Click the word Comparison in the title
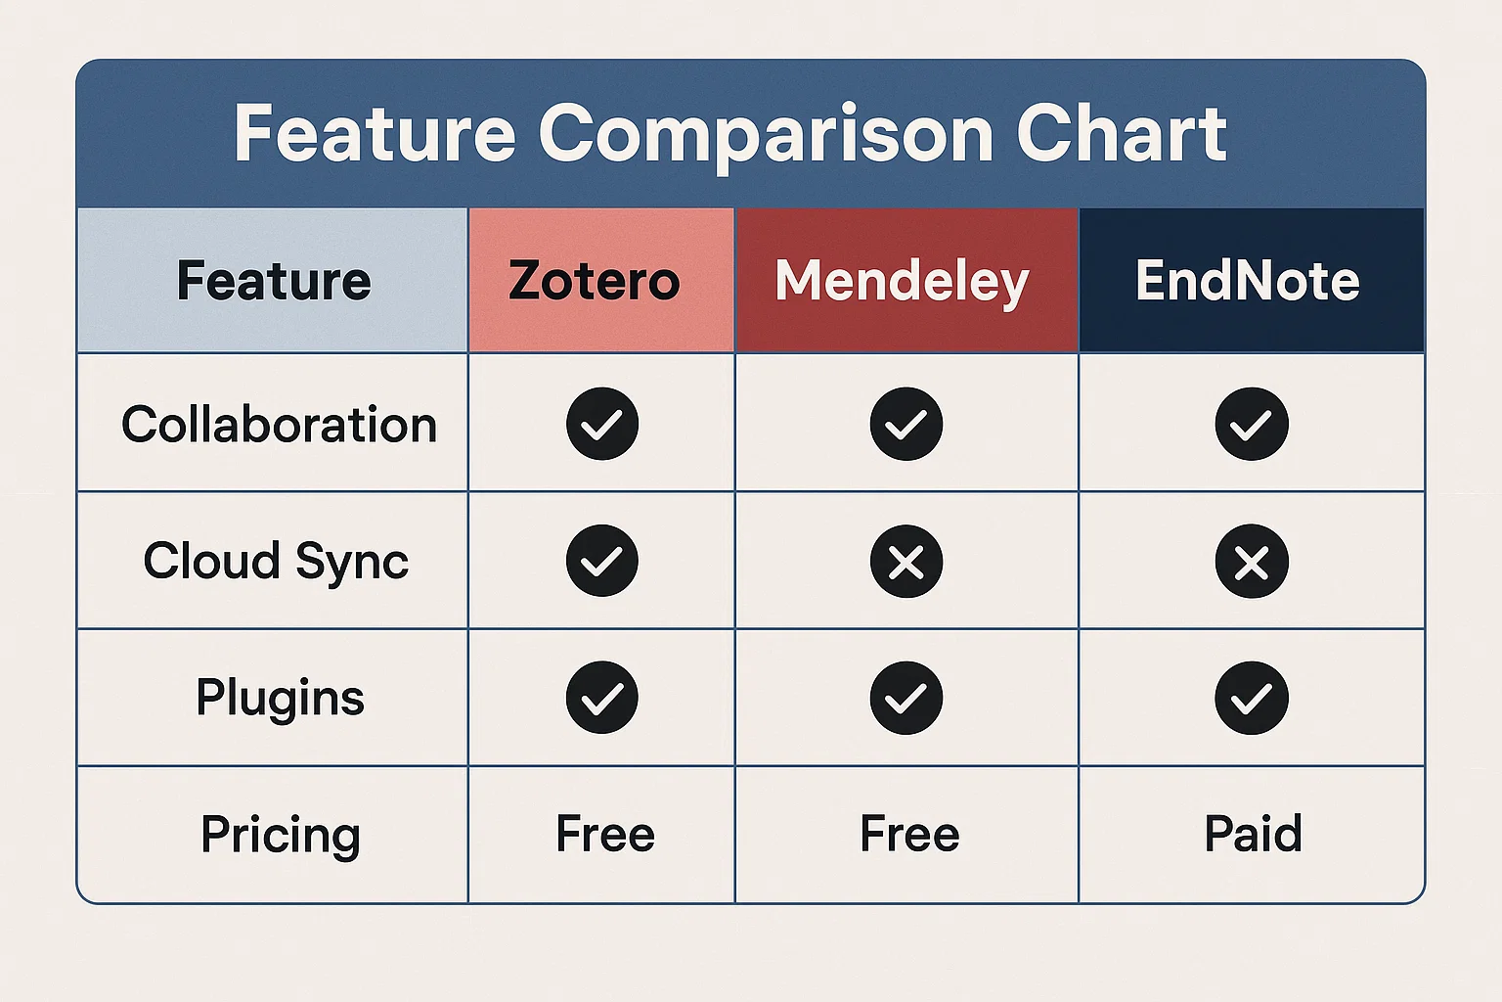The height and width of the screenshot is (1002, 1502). coord(766,136)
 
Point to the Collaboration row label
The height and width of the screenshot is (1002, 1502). coord(279,424)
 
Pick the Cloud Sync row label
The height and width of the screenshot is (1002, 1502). coord(276,561)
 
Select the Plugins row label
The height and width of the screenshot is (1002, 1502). coord(281,698)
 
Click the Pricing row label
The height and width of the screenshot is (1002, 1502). coord(281,835)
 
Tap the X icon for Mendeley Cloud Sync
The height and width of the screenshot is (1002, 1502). coord(906,561)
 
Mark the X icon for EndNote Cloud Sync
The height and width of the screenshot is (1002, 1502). coord(1252,561)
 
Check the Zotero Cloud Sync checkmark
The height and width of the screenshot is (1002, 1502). coord(602,561)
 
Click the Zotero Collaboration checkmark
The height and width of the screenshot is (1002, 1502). coord(602,424)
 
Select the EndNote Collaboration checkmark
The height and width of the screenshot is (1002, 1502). coord(1252,424)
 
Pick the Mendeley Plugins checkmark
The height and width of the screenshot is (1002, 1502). coord(906,698)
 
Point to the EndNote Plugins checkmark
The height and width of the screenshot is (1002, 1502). coord(1252,698)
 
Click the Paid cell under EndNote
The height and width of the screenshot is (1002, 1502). coord(1254,834)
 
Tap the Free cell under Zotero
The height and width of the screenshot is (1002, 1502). coord(605,834)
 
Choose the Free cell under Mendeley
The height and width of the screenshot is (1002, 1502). coord(910,834)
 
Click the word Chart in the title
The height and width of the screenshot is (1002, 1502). coord(1122,133)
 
